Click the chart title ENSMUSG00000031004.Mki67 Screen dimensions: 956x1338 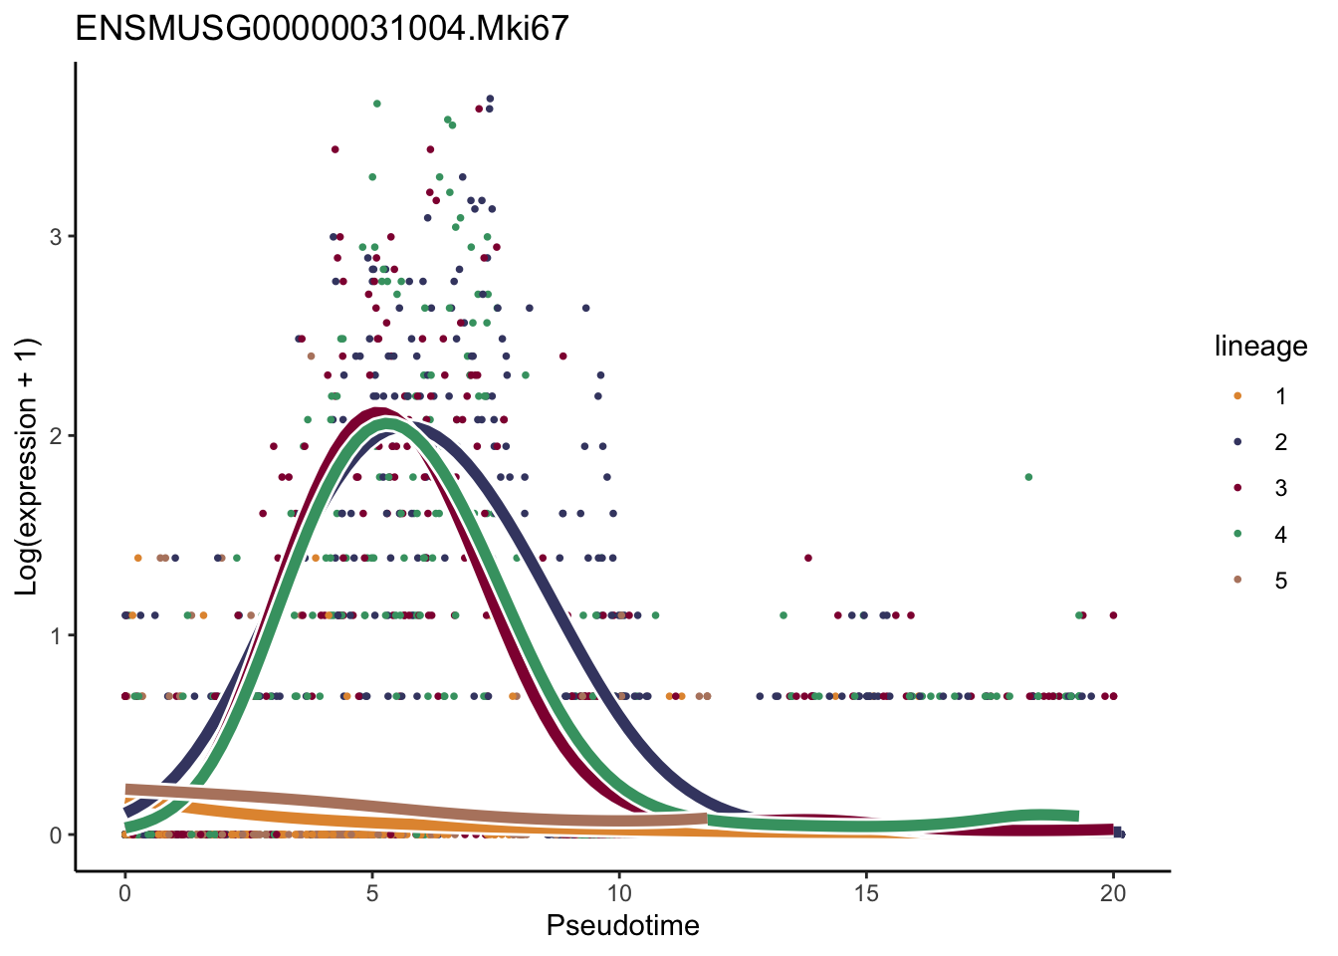click(322, 28)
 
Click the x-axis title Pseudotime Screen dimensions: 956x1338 click(622, 926)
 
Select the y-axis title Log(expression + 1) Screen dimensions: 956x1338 click(27, 466)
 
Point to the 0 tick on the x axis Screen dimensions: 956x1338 click(124, 894)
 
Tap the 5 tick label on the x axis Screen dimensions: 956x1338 click(371, 894)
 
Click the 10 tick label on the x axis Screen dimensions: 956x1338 click(618, 894)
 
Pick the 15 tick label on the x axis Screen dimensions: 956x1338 click(866, 894)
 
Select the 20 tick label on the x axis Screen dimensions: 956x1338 click(1113, 894)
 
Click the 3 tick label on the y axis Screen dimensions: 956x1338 click(56, 237)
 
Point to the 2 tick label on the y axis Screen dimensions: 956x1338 click(56, 436)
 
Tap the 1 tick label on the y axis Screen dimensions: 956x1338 click(56, 635)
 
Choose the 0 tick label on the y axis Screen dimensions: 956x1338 click(56, 836)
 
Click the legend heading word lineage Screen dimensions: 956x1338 click(1260, 347)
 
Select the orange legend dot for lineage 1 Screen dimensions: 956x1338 click(1237, 396)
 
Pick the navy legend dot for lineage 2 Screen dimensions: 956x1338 click(1237, 442)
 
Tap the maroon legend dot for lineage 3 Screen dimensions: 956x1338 click(1237, 488)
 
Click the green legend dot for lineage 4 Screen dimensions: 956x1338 click(1237, 535)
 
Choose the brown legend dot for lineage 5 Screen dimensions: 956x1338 click(1237, 581)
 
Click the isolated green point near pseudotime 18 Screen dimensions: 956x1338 click(1028, 477)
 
